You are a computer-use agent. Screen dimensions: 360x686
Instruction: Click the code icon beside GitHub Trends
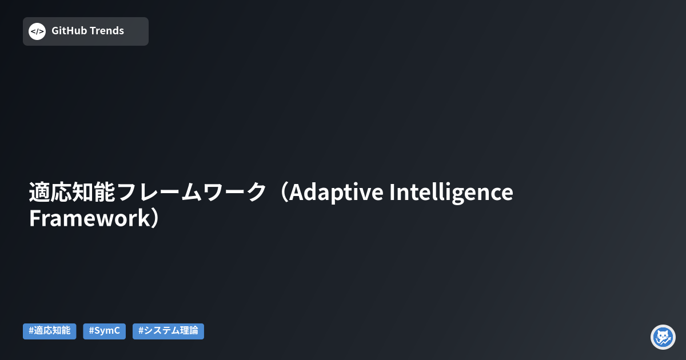tap(37, 31)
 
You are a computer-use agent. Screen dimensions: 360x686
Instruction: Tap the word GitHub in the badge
tap(69, 31)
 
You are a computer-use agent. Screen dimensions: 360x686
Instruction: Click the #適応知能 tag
tap(50, 331)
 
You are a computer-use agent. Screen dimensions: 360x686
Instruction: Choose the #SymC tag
tap(105, 331)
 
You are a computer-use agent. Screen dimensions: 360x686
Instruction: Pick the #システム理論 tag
tap(168, 331)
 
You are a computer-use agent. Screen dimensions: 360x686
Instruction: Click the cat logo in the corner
tap(663, 337)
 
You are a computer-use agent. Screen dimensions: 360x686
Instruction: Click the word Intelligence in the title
tap(451, 193)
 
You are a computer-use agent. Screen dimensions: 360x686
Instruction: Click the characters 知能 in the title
tap(94, 193)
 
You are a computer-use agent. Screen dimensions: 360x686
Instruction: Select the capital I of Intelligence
tap(393, 193)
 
